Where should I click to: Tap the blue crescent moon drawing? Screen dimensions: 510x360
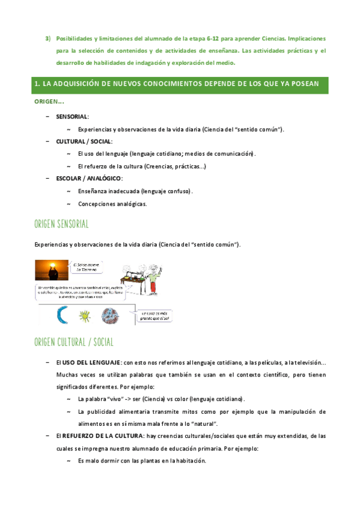pyautogui.click(x=63, y=315)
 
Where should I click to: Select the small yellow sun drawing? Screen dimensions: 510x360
pyautogui.click(x=85, y=315)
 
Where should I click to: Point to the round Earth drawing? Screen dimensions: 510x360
pyautogui.click(x=110, y=315)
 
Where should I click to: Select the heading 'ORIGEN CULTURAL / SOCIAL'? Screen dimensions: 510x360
pyautogui.click(x=74, y=343)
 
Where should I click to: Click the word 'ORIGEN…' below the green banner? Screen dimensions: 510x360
pyautogui.click(x=49, y=102)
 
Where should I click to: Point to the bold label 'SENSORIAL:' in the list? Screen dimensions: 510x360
pyautogui.click(x=72, y=116)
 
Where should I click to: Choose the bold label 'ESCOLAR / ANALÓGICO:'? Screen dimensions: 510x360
pyautogui.click(x=89, y=178)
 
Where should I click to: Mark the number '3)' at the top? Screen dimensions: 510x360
pyautogui.click(x=49, y=38)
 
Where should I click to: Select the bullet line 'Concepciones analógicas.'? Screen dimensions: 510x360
pyautogui.click(x=112, y=204)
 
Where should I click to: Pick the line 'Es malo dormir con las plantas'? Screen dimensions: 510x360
pyautogui.click(x=142, y=461)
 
